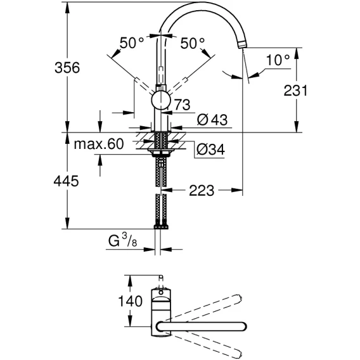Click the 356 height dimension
pyautogui.click(x=67, y=68)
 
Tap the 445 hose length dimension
pyautogui.click(x=66, y=181)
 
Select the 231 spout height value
pyautogui.click(x=295, y=91)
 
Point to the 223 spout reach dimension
pyautogui.click(x=202, y=190)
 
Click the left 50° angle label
pyautogui.click(x=132, y=42)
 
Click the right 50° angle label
pyautogui.click(x=193, y=43)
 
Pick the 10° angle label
pyautogui.click(x=278, y=60)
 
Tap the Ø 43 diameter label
pyautogui.click(x=212, y=119)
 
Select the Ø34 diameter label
pyautogui.click(x=210, y=150)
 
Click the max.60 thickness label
pyautogui.click(x=99, y=144)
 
